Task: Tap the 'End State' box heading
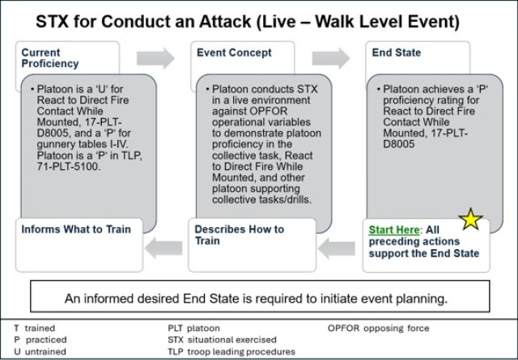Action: point(396,53)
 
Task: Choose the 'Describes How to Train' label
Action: point(239,235)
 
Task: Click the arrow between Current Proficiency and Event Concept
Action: point(155,57)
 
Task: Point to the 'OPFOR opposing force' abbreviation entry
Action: point(379,328)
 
